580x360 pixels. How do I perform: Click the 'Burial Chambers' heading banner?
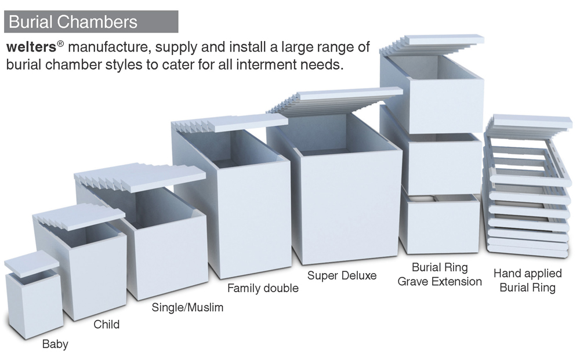click(x=91, y=22)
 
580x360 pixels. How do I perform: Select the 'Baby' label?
click(x=55, y=344)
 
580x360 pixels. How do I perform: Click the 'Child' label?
click(x=107, y=324)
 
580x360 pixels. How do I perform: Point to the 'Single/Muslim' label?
click(x=187, y=307)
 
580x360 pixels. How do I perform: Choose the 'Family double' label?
click(x=263, y=288)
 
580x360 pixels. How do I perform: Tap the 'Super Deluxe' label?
click(x=342, y=275)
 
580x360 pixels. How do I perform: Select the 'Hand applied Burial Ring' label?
click(x=527, y=280)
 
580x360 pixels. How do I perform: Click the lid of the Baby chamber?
click(x=32, y=261)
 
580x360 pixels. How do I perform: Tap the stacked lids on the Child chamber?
click(x=79, y=218)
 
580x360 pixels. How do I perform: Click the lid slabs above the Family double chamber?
click(x=232, y=123)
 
